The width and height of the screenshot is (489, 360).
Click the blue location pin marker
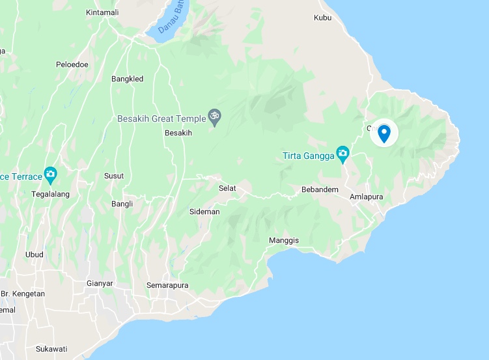click(384, 133)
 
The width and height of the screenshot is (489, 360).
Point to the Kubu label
click(322, 18)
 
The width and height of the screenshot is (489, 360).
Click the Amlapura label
click(366, 196)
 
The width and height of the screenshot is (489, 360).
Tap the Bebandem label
click(318, 189)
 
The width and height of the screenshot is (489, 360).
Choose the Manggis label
click(284, 240)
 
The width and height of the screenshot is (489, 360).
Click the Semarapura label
click(167, 286)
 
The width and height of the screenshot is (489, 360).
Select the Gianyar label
click(100, 283)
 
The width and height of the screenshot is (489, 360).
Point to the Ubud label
click(34, 255)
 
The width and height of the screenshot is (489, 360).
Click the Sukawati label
click(51, 349)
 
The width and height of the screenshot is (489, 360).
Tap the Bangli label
click(122, 204)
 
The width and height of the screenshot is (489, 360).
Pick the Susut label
click(114, 176)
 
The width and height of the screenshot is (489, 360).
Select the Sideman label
click(204, 212)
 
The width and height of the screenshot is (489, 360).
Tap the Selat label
click(227, 188)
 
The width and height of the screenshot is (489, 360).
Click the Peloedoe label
click(71, 65)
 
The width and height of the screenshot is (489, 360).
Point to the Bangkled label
click(127, 79)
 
